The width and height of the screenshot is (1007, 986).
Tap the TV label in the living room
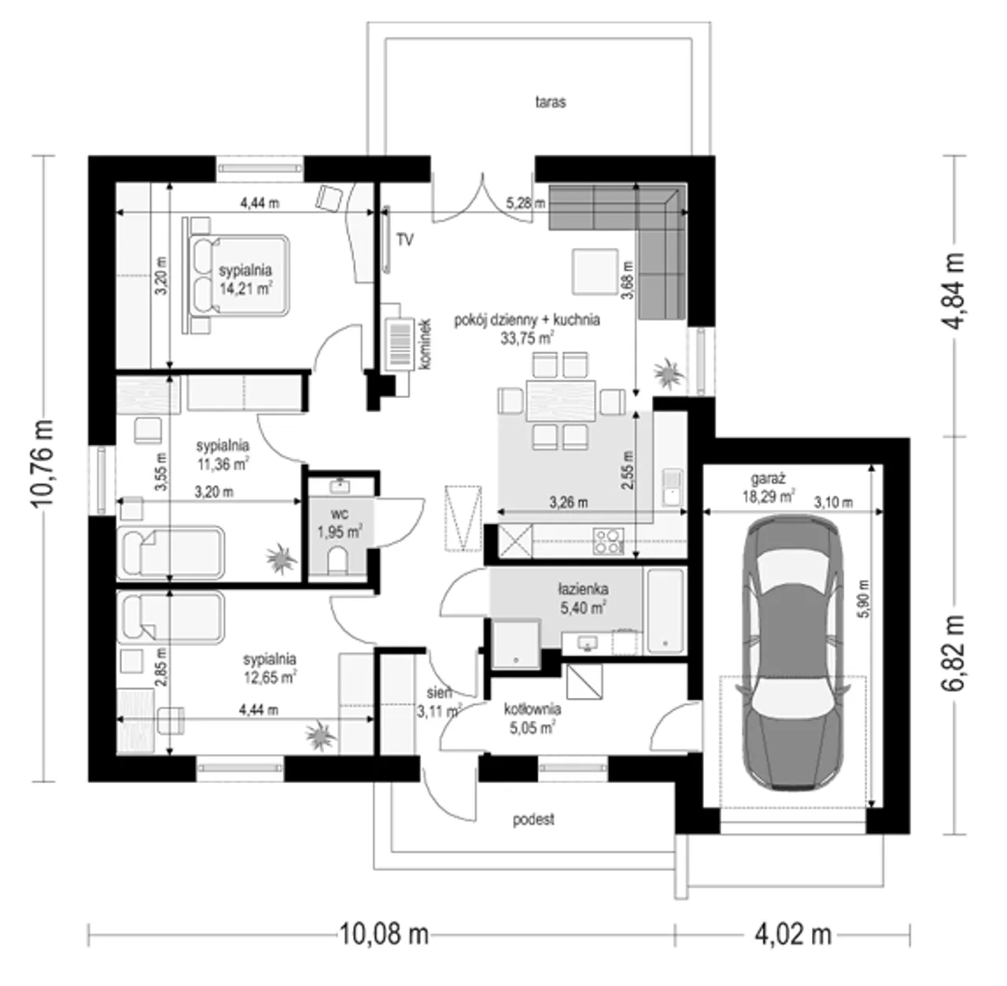[x=404, y=240]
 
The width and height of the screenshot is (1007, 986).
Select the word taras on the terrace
[x=550, y=102]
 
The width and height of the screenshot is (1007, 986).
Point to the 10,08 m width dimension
[x=384, y=933]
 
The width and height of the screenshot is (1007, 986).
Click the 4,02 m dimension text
[x=793, y=933]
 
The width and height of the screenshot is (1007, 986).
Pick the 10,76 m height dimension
[x=42, y=463]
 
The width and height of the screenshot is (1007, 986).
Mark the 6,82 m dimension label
[x=954, y=653]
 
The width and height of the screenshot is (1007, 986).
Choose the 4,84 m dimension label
[x=954, y=290]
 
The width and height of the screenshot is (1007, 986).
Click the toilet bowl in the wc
[x=337, y=561]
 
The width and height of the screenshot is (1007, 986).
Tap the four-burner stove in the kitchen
[x=609, y=541]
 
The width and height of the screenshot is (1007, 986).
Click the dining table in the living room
[x=561, y=401]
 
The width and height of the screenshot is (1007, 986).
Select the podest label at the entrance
[x=533, y=819]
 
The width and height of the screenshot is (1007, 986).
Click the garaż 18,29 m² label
[x=769, y=487]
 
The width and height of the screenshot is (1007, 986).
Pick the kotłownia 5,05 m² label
[x=532, y=718]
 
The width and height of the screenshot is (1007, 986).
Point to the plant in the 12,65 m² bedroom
[x=320, y=736]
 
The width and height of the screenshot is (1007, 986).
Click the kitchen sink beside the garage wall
[x=672, y=487]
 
